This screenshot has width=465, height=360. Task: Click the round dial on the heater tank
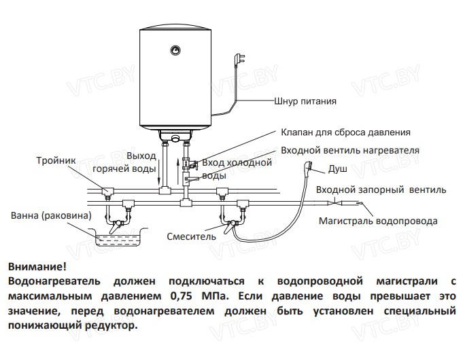pos(175,50)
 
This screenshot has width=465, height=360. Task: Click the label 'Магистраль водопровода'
pos(379,221)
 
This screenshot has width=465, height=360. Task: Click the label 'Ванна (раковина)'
pos(51,216)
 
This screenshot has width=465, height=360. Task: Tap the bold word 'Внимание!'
pos(38,266)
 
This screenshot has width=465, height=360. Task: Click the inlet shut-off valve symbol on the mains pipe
pos(339,202)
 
